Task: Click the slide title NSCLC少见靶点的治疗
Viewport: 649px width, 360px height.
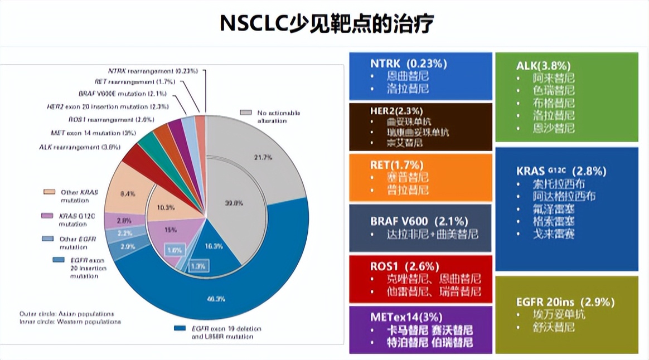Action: [327, 23]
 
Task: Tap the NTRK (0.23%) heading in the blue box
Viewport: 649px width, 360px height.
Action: [408, 64]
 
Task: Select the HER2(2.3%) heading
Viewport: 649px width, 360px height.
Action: [396, 111]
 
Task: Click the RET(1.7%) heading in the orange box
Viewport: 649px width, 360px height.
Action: [396, 165]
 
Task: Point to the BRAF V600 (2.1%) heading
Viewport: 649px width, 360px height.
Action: [419, 221]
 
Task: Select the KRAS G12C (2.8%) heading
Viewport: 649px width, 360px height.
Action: [561, 171]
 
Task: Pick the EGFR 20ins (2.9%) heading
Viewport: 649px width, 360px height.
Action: [565, 302]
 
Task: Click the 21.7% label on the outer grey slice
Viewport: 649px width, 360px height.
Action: [263, 158]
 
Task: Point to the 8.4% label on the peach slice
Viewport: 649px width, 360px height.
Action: [128, 194]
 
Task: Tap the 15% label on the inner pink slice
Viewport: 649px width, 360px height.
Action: [171, 230]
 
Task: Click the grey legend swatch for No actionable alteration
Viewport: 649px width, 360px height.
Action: [245, 113]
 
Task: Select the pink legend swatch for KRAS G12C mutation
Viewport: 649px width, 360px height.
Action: [48, 216]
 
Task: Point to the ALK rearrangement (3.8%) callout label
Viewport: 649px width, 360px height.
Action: [80, 147]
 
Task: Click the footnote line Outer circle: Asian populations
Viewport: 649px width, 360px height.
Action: [66, 314]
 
